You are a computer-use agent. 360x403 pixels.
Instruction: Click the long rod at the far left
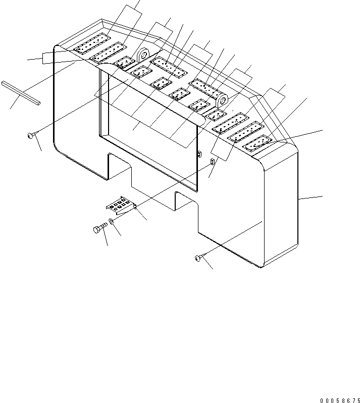(x=20, y=93)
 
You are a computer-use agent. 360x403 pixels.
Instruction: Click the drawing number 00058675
(x=340, y=399)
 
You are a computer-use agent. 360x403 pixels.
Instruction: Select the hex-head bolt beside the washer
(x=100, y=230)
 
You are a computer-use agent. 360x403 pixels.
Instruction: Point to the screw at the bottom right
(x=197, y=259)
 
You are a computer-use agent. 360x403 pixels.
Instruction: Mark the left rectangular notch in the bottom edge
(x=120, y=167)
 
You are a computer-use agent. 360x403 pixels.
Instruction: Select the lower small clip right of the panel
(x=212, y=161)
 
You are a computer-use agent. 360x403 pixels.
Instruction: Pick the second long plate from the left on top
(x=108, y=52)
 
